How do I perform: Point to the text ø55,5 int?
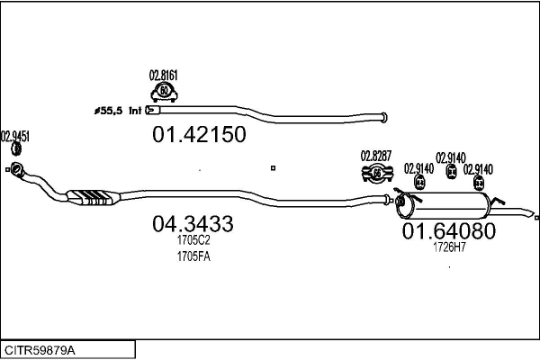[117, 112]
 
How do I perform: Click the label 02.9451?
[15, 137]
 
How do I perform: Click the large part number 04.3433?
[193, 223]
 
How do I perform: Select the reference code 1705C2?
[193, 240]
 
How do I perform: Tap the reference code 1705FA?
[193, 256]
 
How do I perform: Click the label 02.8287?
[376, 156]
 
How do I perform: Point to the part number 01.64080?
[448, 231]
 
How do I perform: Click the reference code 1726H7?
[449, 247]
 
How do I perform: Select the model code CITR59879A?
[40, 349]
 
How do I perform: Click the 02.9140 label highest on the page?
[450, 157]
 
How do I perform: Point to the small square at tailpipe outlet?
[536, 217]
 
